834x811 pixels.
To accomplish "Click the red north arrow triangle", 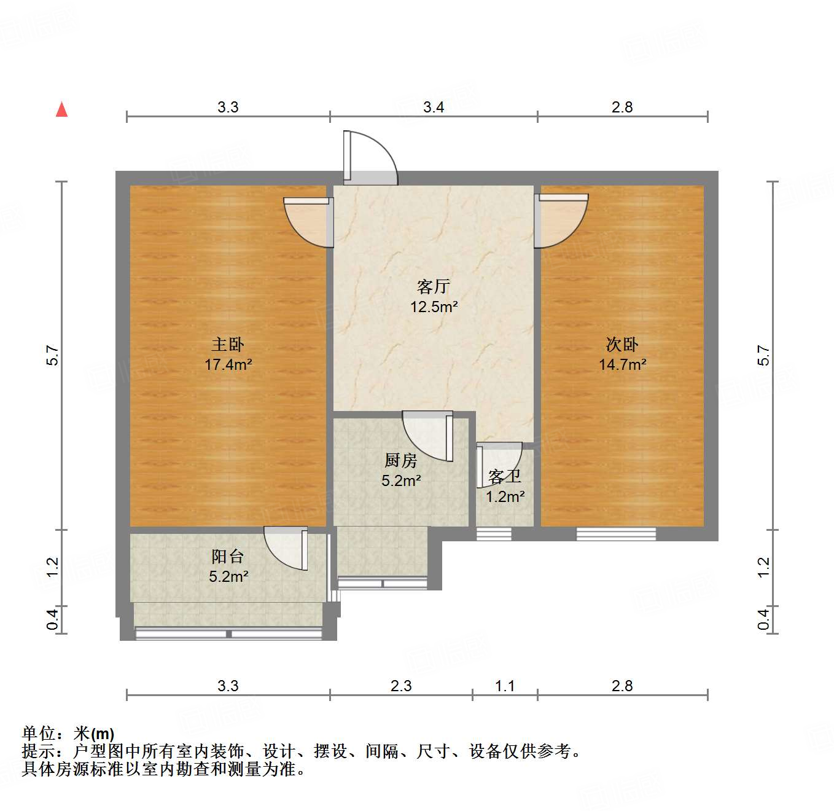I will (61, 109).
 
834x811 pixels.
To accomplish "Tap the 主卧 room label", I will (228, 345).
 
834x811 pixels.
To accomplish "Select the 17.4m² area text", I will (228, 365).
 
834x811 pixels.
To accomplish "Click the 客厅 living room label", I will (434, 286).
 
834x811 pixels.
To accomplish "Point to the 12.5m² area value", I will (434, 307).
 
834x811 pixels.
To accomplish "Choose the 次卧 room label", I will (622, 345).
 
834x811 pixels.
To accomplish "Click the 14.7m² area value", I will (622, 365).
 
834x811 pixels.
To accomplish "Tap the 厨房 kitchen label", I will (400, 460).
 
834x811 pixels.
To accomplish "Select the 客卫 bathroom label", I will (505, 476).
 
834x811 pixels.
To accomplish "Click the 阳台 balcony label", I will (228, 557).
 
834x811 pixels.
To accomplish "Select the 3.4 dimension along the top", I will (434, 108).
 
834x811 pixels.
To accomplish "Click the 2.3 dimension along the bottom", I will (401, 686).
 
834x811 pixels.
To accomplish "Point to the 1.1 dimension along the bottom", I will (505, 686).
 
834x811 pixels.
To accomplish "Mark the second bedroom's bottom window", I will (615, 535).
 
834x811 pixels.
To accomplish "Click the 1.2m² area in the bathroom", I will (505, 496).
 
